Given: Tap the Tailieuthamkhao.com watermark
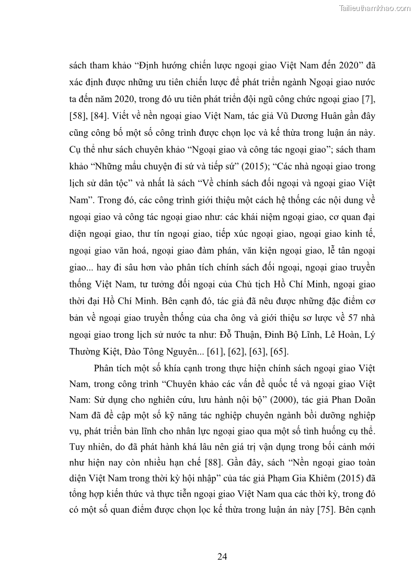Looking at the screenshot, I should [x=375, y=8].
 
